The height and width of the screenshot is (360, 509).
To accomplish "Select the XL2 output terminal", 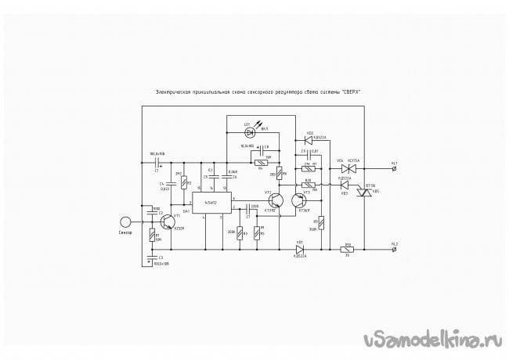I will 393,250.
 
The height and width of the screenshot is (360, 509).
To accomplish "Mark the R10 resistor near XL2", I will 348,250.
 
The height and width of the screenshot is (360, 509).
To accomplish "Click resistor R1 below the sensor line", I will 151,235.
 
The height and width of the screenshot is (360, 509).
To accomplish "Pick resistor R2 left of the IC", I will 183,183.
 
